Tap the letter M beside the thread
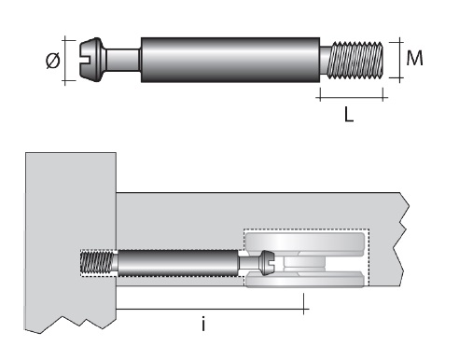point(413,59)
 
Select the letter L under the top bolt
point(349,118)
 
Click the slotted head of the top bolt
point(89,60)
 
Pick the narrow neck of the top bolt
point(121,60)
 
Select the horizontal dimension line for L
point(350,95)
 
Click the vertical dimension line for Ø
point(67,61)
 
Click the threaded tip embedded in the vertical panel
point(96,263)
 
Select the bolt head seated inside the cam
point(266,264)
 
